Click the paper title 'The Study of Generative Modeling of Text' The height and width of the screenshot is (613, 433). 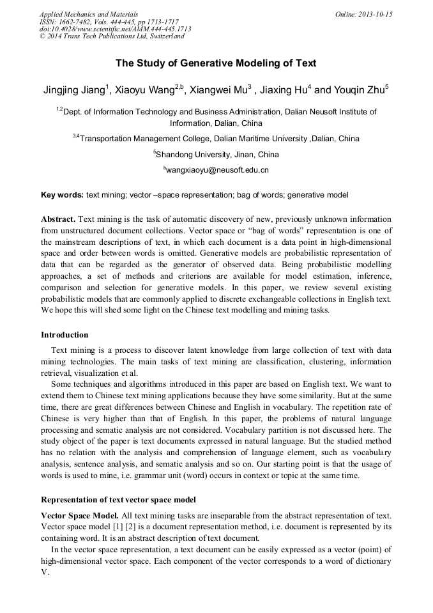pyautogui.click(x=216, y=63)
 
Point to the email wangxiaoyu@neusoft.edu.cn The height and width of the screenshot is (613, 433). pyautogui.click(x=217, y=170)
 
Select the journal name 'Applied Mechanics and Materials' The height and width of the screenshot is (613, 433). pyautogui.click(x=88, y=14)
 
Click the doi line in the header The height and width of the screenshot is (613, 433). pyautogui.click(x=115, y=29)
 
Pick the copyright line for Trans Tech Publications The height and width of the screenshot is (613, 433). pyautogui.click(x=112, y=36)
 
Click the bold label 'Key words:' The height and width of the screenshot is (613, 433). pyautogui.click(x=62, y=194)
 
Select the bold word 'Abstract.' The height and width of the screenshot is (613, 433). pyautogui.click(x=58, y=219)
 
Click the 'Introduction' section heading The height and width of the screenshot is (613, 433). pyautogui.click(x=65, y=334)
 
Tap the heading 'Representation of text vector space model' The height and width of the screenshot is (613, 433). pyautogui.click(x=118, y=499)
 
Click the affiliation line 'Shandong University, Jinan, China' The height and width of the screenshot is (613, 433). pyautogui.click(x=217, y=154)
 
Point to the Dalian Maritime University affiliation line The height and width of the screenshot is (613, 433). pyautogui.click(x=217, y=138)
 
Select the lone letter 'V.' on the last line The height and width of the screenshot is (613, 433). pyautogui.click(x=45, y=572)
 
